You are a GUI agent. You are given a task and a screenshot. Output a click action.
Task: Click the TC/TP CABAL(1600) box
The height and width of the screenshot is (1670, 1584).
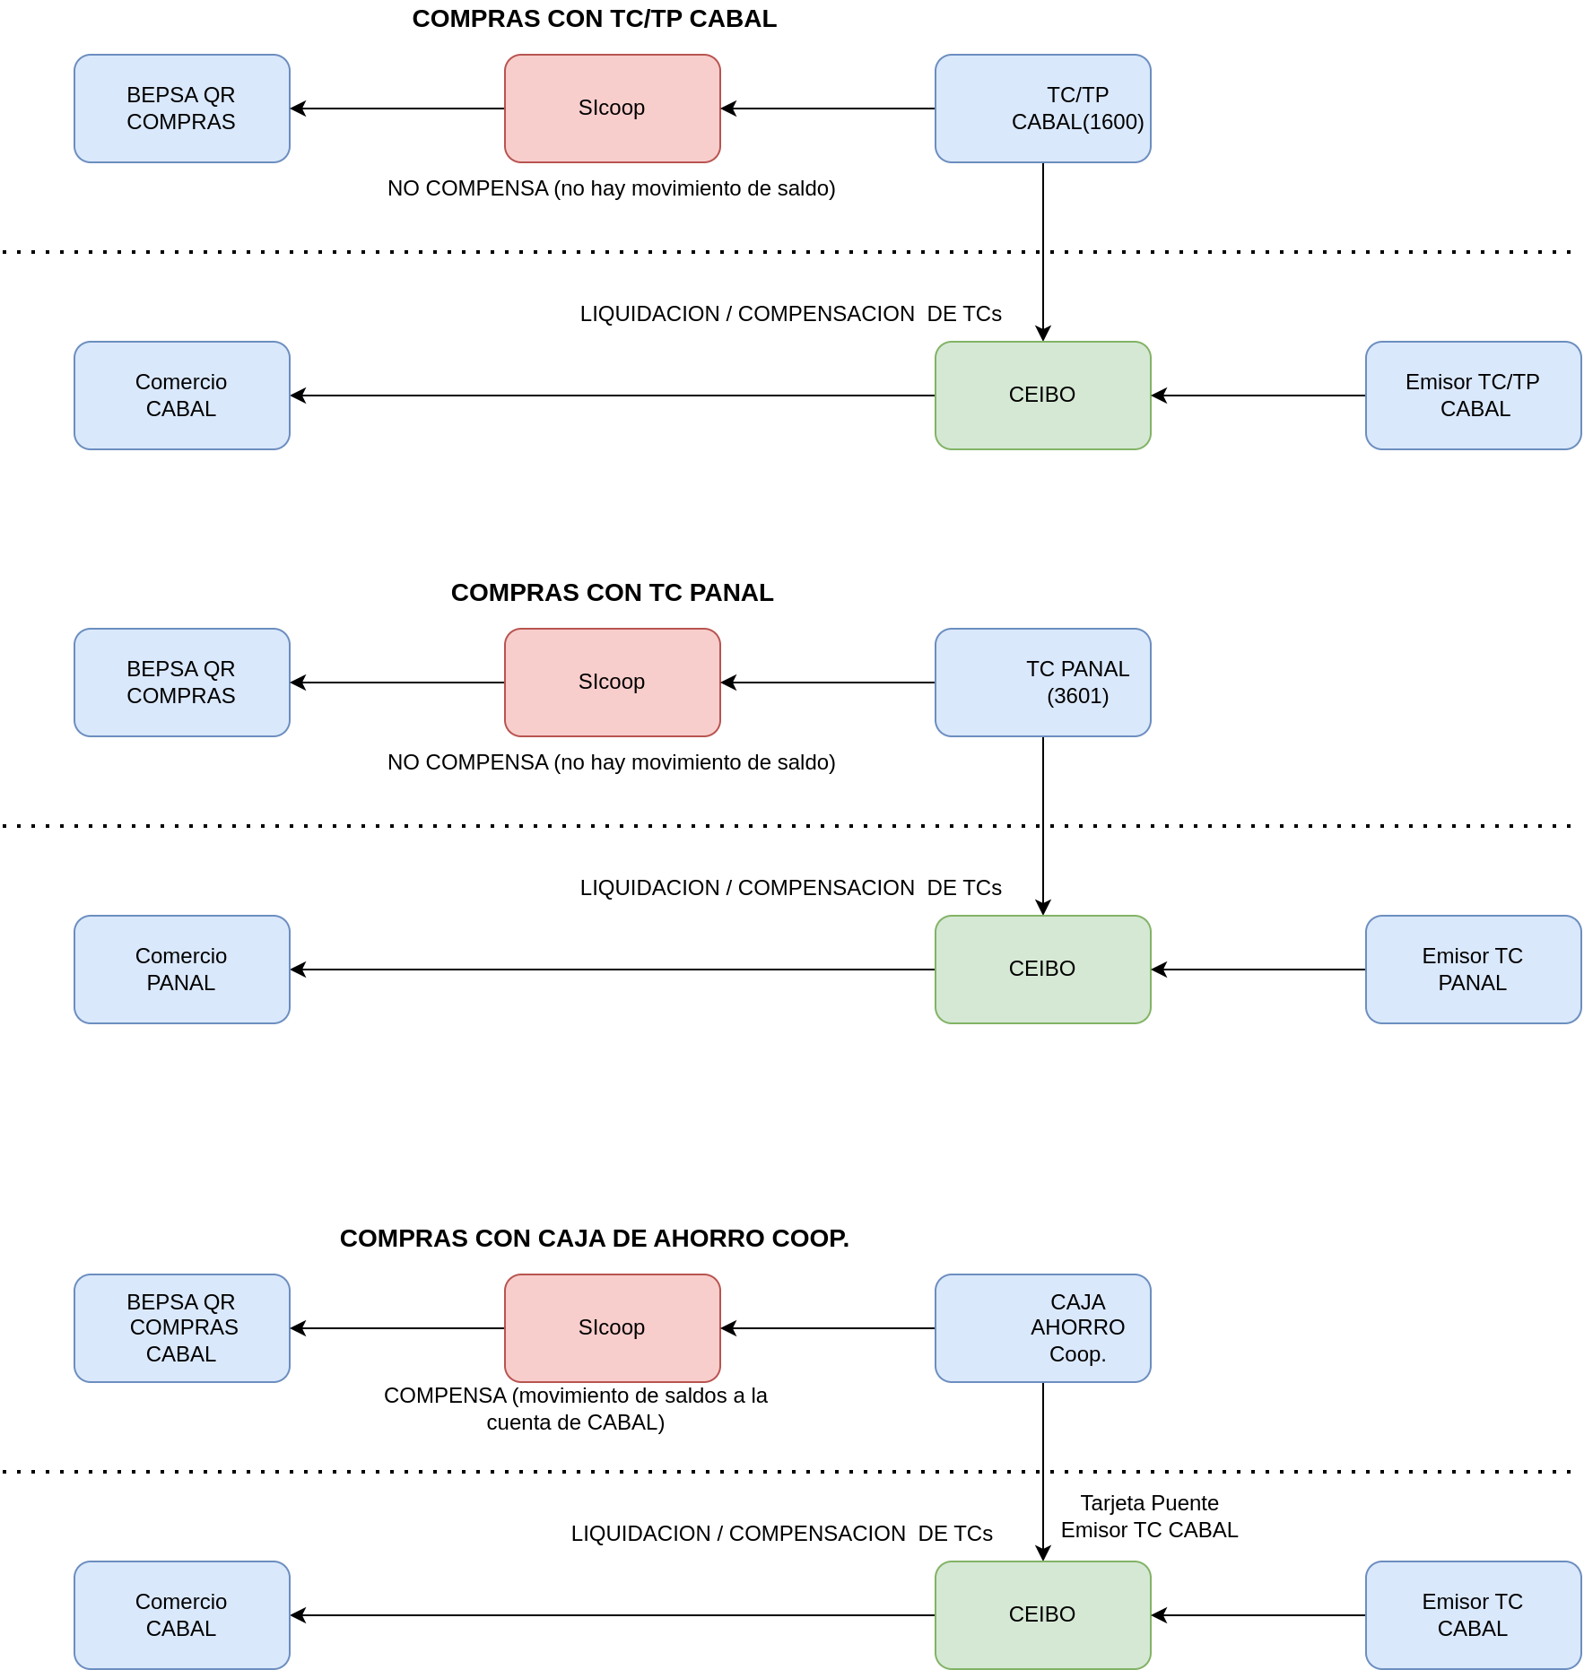pyautogui.click(x=1042, y=109)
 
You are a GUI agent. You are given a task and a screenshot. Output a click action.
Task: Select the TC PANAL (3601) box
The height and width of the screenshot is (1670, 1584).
pyautogui.click(x=1042, y=683)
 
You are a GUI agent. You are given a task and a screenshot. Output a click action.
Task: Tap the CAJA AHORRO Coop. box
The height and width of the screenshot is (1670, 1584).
pyautogui.click(x=1042, y=1328)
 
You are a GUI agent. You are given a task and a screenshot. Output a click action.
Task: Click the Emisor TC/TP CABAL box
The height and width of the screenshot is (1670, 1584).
pyautogui.click(x=1473, y=396)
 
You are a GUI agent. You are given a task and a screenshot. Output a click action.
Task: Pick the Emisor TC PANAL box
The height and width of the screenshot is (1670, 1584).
pyautogui.click(x=1473, y=970)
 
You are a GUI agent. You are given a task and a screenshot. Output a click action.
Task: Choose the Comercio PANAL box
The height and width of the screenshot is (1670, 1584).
pyautogui.click(x=181, y=970)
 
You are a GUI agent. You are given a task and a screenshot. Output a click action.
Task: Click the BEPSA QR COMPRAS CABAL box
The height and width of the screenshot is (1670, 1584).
pyautogui.click(x=181, y=1328)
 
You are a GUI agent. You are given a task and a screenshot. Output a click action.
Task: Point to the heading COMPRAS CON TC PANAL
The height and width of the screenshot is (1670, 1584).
pyautogui.click(x=612, y=593)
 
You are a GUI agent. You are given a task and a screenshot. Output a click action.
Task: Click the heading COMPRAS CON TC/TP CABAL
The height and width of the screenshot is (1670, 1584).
pyautogui.click(x=594, y=19)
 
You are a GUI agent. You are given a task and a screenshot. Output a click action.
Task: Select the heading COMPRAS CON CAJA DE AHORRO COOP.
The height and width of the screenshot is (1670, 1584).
pyautogui.click(x=594, y=1239)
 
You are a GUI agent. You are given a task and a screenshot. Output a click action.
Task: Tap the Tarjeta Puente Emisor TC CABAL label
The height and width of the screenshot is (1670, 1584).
pyautogui.click(x=1149, y=1517)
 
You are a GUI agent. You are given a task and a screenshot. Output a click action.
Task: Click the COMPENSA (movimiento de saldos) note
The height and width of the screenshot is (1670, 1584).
pyautogui.click(x=575, y=1409)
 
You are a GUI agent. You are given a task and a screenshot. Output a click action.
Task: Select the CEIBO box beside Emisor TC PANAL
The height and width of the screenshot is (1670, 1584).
pyautogui.click(x=1042, y=970)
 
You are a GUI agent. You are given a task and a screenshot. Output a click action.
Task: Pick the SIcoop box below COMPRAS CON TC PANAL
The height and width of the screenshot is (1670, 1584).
pyautogui.click(x=612, y=683)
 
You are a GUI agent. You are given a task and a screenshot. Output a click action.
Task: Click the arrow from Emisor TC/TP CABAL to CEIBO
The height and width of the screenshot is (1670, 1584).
pyautogui.click(x=1258, y=396)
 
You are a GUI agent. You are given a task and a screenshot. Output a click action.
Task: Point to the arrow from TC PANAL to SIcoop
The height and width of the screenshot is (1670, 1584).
pyautogui.click(x=828, y=683)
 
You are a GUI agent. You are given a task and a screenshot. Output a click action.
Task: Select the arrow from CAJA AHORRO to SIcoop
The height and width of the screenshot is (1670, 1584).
pyautogui.click(x=828, y=1328)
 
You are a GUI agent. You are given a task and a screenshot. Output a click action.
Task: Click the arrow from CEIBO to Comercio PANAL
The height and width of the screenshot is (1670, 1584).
pyautogui.click(x=613, y=970)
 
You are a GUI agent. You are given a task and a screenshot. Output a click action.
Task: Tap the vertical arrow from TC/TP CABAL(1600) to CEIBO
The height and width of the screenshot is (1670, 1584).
pyautogui.click(x=1043, y=252)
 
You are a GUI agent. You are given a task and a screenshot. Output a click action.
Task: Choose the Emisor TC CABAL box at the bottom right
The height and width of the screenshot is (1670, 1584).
pyautogui.click(x=1473, y=1615)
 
